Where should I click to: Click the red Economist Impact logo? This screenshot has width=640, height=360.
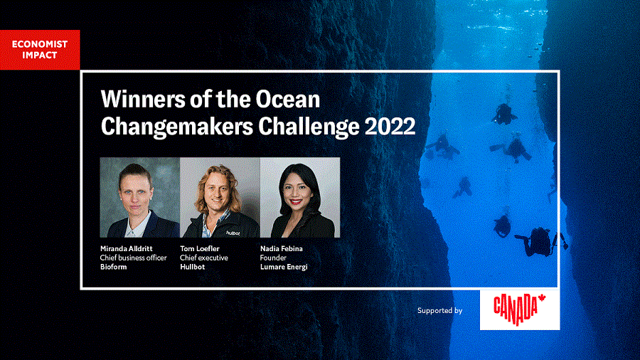pyautogui.click(x=40, y=50)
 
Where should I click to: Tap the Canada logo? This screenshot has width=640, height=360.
pyautogui.click(x=520, y=309)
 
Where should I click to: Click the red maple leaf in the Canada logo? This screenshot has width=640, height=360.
pyautogui.click(x=542, y=298)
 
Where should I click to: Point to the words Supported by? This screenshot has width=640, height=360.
pyautogui.click(x=439, y=311)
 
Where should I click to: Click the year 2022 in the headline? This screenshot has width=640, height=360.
pyautogui.click(x=390, y=126)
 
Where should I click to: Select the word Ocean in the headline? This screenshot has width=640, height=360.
pyautogui.click(x=288, y=99)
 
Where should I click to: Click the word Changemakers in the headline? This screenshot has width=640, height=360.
pyautogui.click(x=177, y=127)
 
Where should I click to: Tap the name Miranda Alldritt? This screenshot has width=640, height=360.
pyautogui.click(x=126, y=248)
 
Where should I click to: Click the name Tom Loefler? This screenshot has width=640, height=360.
pyautogui.click(x=200, y=248)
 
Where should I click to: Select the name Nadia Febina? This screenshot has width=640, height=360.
pyautogui.click(x=281, y=248)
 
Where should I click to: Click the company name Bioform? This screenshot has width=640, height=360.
pyautogui.click(x=114, y=267)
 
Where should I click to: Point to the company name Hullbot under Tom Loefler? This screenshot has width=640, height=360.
pyautogui.click(x=192, y=267)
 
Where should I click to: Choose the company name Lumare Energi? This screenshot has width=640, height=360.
pyautogui.click(x=284, y=267)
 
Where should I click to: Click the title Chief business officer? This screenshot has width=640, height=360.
pyautogui.click(x=133, y=258)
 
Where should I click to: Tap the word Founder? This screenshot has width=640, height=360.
pyautogui.click(x=273, y=258)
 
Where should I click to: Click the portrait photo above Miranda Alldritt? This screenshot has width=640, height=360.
pyautogui.click(x=139, y=197)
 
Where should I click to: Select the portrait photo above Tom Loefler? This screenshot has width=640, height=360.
pyautogui.click(x=220, y=197)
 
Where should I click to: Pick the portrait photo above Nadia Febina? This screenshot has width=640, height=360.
pyautogui.click(x=300, y=197)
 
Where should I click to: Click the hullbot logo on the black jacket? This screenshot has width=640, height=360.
pyautogui.click(x=233, y=233)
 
